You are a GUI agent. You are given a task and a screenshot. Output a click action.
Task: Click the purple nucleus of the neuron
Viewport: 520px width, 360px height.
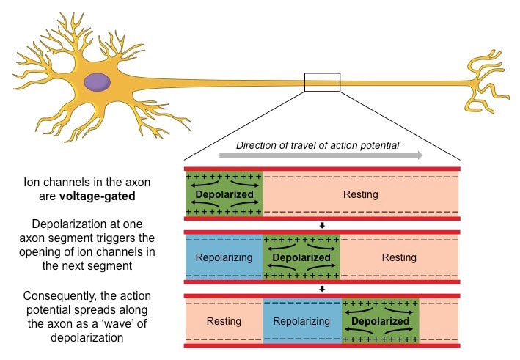click(x=97, y=82)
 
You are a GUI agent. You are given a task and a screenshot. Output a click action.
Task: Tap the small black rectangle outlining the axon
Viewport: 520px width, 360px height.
click(x=322, y=82)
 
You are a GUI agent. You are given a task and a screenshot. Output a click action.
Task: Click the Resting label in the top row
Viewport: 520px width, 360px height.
click(x=360, y=194)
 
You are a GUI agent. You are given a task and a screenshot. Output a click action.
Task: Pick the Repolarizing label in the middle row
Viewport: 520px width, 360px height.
click(x=224, y=258)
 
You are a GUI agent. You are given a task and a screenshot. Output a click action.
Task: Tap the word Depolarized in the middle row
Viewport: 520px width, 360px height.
click(x=301, y=258)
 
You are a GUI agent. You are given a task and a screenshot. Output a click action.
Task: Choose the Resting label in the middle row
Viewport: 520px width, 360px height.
click(x=399, y=258)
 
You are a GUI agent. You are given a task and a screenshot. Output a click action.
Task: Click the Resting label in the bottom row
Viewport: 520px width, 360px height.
click(x=224, y=321)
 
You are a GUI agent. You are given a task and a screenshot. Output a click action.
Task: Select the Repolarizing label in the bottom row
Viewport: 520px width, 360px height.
click(x=301, y=321)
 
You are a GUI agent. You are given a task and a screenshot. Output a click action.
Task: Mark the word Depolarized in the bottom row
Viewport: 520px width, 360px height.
click(x=380, y=321)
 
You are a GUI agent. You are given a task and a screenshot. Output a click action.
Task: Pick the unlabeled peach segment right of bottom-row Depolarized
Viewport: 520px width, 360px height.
click(x=439, y=321)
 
